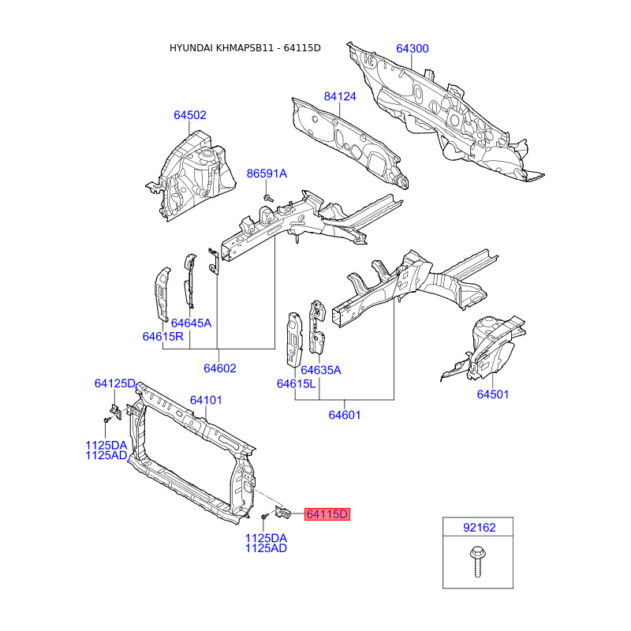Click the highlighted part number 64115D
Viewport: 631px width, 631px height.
(327, 514)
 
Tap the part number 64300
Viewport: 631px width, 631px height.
(412, 49)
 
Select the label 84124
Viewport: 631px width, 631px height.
(340, 97)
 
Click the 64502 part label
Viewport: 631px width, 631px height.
(190, 115)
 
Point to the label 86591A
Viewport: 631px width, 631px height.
(267, 174)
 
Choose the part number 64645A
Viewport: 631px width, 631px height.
(191, 323)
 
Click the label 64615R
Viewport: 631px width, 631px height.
(162, 337)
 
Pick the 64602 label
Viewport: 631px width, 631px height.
(219, 368)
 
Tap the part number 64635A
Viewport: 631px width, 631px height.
(320, 370)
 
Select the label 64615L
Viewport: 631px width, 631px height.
(296, 384)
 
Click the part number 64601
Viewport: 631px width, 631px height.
(345, 415)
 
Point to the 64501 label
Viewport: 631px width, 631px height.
(492, 394)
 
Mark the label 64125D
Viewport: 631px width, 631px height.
(115, 383)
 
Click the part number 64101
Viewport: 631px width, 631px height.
(206, 400)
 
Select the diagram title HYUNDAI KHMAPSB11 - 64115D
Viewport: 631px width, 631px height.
(245, 48)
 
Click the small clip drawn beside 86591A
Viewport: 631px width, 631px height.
(268, 194)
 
